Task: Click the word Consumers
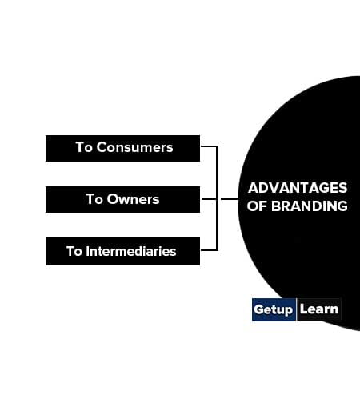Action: coord(134,147)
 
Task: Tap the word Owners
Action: coord(133,199)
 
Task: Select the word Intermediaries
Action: coord(131,251)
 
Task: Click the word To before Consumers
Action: coord(84,147)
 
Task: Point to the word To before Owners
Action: coord(94,199)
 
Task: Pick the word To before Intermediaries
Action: coord(74,251)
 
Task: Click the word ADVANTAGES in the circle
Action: coord(298,188)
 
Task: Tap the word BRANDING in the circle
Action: coord(310,206)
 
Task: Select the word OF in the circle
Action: coord(257,206)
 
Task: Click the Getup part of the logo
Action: coord(274,309)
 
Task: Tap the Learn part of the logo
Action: coord(319,309)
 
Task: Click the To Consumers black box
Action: coord(122,148)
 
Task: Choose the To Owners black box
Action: coord(122,200)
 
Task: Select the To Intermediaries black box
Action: coord(122,251)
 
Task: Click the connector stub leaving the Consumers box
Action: coord(209,146)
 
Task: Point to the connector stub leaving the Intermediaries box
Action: coord(209,250)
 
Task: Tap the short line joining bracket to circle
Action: coord(230,199)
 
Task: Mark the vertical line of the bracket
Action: coord(217,198)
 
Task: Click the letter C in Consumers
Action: coord(101,147)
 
